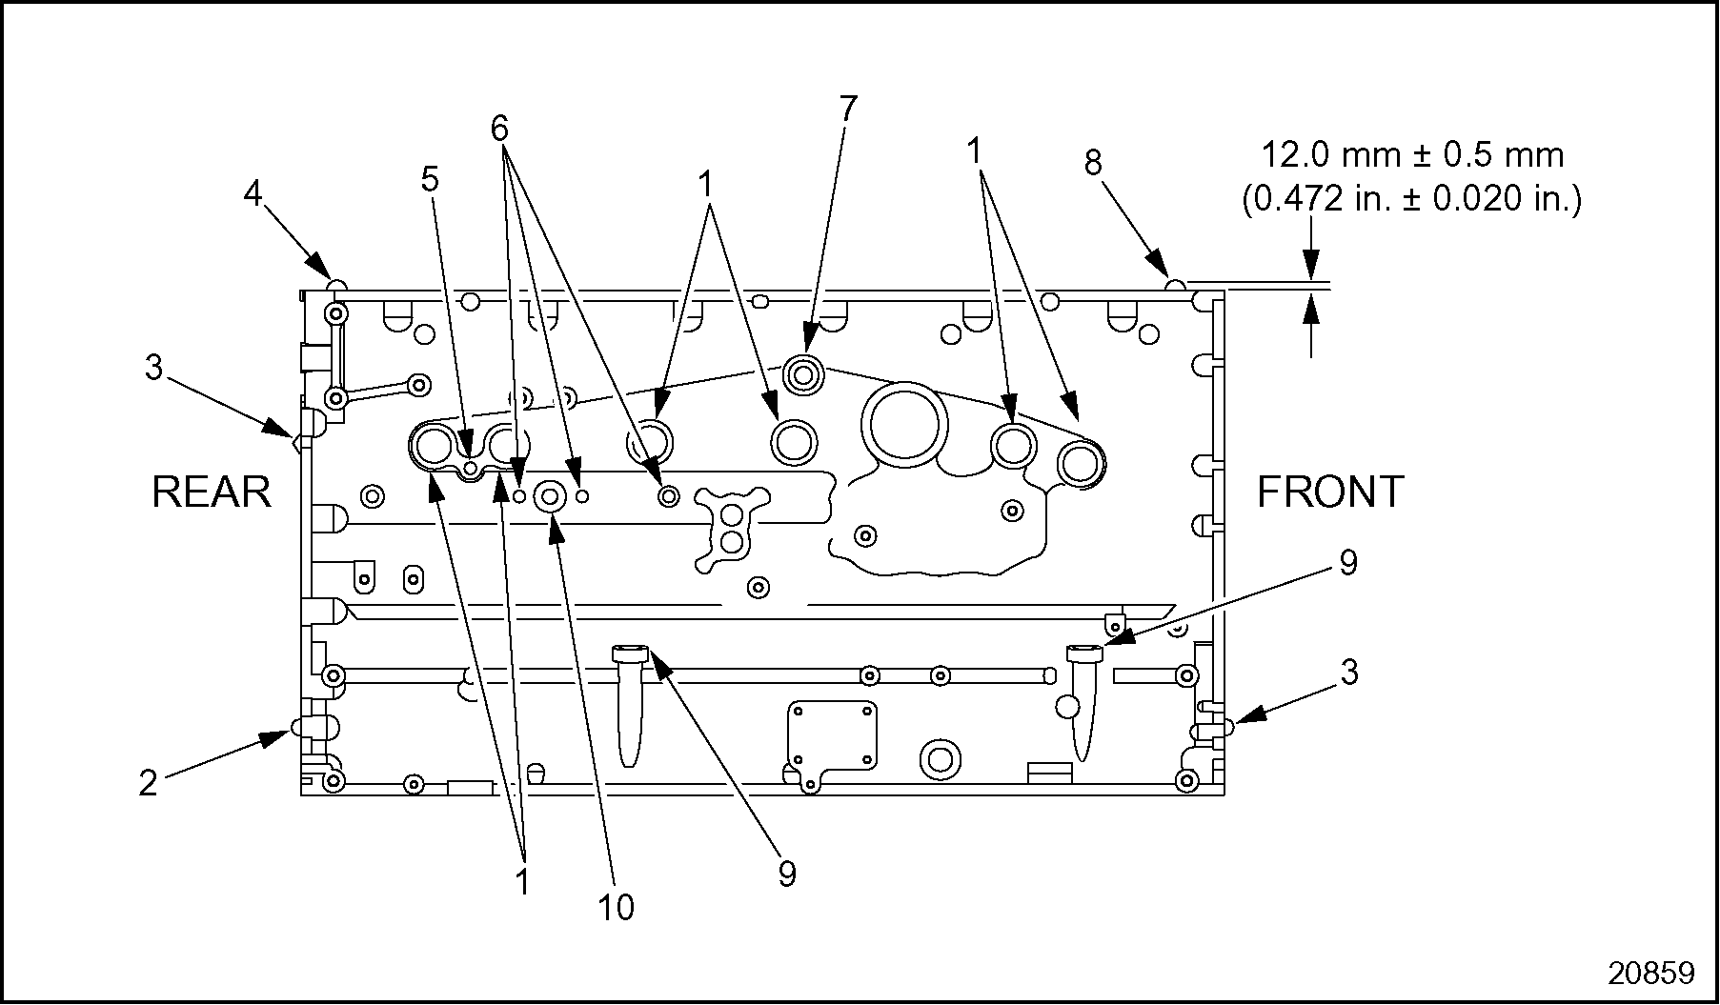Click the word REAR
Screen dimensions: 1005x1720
coord(212,492)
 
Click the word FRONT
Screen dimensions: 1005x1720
coord(1330,492)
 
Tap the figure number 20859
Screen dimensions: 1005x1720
coord(1651,973)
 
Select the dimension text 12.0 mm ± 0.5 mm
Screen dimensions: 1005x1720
coord(1412,155)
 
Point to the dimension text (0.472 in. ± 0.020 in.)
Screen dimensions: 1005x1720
coord(1411,200)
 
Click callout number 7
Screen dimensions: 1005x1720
coord(849,109)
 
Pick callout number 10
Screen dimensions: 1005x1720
coord(617,908)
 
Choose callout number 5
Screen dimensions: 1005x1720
coord(431,179)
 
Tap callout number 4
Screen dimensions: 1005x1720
coord(253,194)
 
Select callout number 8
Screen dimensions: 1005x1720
coord(1093,164)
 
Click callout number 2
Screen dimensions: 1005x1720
coord(148,783)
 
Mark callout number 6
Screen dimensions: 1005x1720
coord(500,129)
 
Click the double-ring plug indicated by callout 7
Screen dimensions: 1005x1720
coord(802,373)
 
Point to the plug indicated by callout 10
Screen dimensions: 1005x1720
coord(551,495)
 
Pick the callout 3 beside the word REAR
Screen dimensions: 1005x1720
coord(153,367)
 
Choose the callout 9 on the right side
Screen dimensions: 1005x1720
coord(1347,563)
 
